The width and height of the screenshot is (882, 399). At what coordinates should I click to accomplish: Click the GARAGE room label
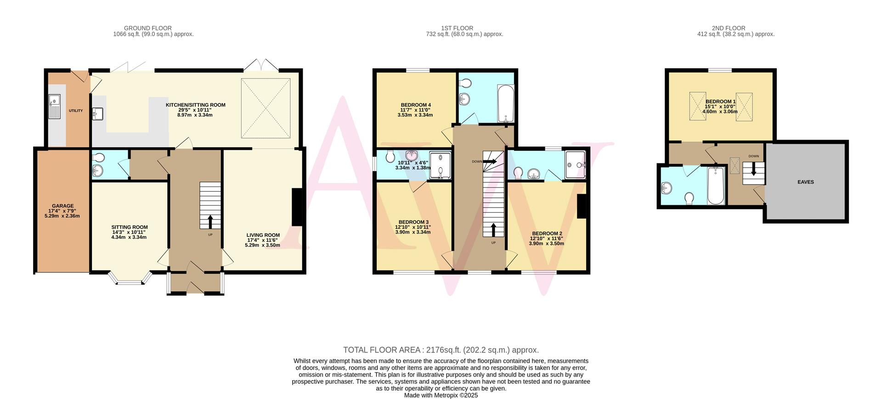(x=62, y=206)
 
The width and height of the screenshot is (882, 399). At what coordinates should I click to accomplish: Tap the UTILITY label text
(x=76, y=111)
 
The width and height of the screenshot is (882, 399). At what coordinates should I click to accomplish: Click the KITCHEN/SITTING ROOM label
(x=195, y=105)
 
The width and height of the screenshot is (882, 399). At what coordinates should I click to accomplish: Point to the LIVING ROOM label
(x=262, y=235)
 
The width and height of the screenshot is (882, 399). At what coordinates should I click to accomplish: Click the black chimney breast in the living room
(x=297, y=207)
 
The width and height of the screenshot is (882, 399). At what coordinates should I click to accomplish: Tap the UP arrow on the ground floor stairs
(x=210, y=222)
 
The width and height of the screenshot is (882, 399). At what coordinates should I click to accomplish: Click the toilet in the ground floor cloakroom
(x=98, y=157)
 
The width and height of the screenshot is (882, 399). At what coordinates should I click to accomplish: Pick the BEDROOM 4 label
(x=415, y=105)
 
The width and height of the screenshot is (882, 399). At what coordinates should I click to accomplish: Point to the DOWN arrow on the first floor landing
(x=490, y=162)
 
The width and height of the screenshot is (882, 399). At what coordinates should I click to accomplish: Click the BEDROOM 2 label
(x=546, y=233)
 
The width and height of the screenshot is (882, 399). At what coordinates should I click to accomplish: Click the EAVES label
(x=805, y=182)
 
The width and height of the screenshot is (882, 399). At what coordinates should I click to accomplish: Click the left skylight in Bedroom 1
(x=697, y=107)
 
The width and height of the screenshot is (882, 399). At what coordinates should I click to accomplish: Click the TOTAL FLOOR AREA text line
(x=441, y=350)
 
